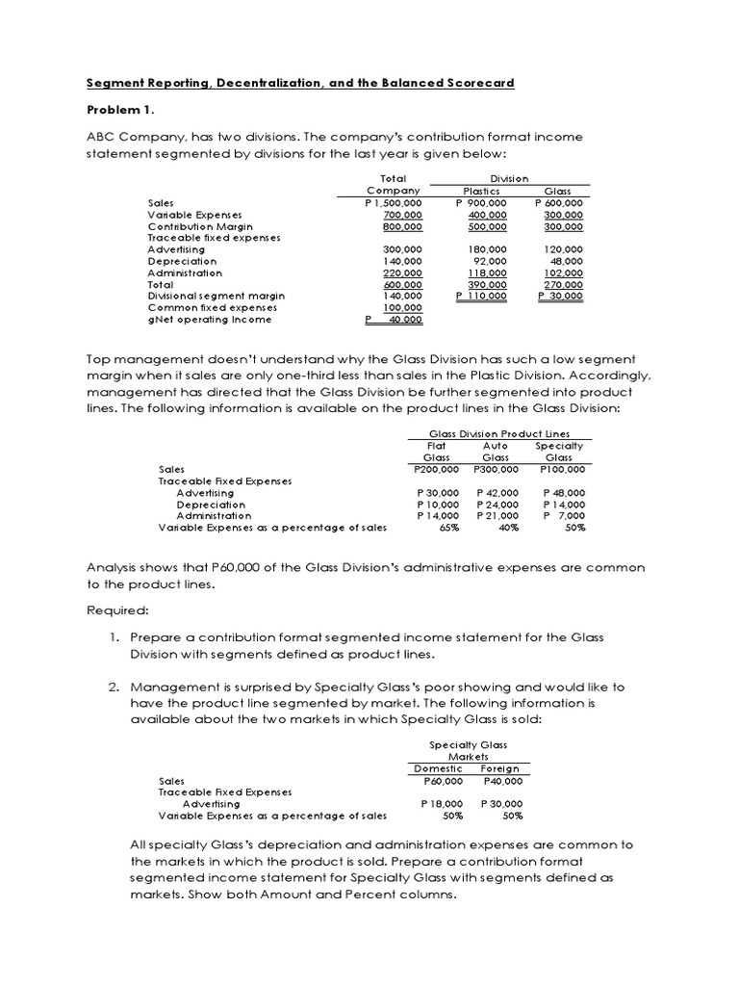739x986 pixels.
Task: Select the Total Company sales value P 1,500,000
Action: click(x=393, y=203)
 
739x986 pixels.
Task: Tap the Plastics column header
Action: click(x=480, y=192)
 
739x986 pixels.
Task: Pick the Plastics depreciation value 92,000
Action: click(x=490, y=261)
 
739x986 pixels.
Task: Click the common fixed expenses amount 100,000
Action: click(x=403, y=307)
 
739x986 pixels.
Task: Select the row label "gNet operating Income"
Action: click(x=210, y=320)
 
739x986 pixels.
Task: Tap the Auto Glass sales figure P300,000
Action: click(x=497, y=469)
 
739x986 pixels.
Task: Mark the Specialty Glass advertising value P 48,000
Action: click(x=564, y=493)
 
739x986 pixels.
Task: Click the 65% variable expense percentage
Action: click(x=436, y=528)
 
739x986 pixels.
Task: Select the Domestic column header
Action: click(x=438, y=768)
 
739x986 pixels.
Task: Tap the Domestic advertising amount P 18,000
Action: click(x=442, y=803)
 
